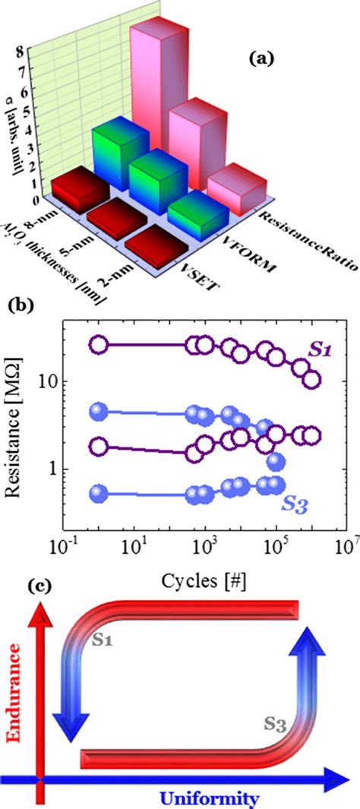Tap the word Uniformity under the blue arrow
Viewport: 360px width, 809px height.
coord(204,797)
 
